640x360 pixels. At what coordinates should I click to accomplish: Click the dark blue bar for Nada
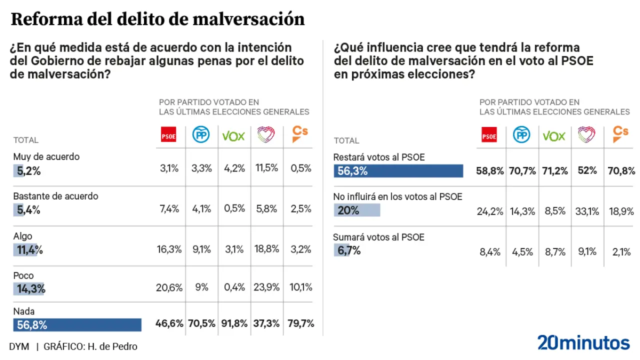(77, 325)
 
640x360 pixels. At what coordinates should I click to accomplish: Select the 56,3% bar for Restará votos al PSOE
(398, 171)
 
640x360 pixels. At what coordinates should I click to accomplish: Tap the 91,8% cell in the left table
(234, 323)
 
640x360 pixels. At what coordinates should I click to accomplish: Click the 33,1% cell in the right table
(587, 211)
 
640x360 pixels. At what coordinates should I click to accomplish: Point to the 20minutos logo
(583, 343)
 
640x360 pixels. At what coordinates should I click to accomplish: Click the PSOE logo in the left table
(168, 135)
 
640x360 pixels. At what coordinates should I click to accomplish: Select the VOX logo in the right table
(554, 135)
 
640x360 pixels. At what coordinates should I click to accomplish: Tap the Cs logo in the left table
(299, 134)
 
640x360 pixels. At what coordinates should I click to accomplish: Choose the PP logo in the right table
(522, 135)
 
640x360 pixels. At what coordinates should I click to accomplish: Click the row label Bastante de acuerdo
(55, 196)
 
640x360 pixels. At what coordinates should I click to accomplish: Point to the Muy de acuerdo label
(46, 156)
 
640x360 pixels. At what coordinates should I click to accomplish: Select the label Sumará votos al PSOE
(378, 237)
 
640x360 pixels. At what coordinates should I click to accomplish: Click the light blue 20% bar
(356, 210)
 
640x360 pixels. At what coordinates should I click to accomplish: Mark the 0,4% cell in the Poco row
(234, 287)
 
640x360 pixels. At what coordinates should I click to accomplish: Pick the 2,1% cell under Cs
(621, 252)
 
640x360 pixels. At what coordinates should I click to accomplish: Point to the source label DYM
(19, 346)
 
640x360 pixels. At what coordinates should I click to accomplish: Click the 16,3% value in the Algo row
(169, 248)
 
